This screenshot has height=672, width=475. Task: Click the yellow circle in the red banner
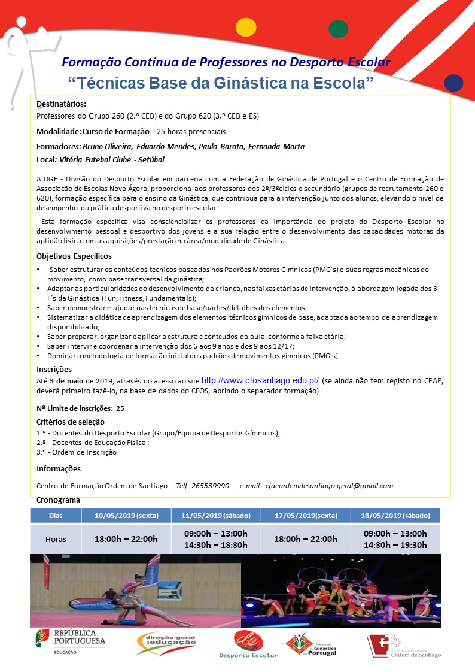246,28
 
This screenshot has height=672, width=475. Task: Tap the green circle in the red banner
339,29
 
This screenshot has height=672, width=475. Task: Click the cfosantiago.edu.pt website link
264,380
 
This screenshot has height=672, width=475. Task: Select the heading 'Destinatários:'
61,104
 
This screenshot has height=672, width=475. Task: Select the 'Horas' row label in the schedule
56,539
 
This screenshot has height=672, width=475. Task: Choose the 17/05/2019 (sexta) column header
306,515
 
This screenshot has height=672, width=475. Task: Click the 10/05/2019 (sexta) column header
126,515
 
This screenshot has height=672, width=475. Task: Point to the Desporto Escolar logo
248,644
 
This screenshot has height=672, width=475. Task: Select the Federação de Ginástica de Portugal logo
310,644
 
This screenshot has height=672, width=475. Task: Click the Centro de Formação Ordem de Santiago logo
404,646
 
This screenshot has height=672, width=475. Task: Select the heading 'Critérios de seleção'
71,422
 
